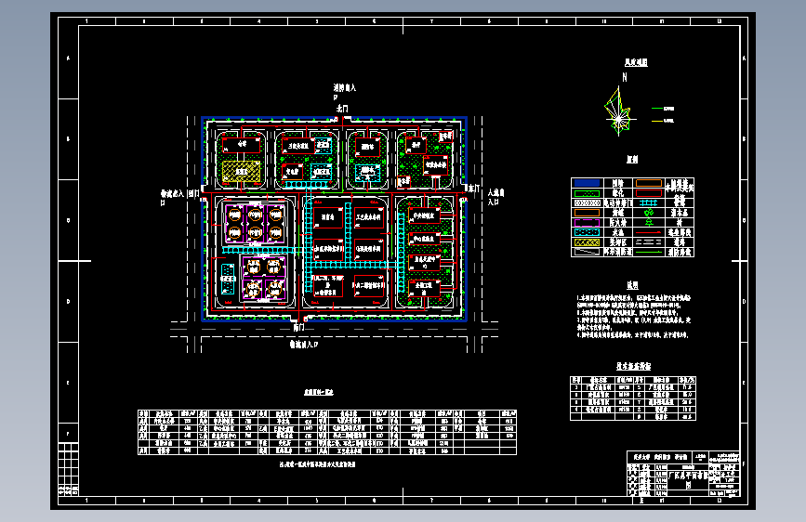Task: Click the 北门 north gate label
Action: point(342,109)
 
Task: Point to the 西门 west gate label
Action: point(193,194)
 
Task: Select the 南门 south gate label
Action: point(297,327)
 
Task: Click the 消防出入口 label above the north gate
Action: point(345,90)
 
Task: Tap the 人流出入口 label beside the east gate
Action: point(495,195)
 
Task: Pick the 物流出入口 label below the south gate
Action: point(303,344)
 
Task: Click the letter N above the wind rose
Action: point(625,76)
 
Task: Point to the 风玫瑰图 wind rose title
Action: point(636,63)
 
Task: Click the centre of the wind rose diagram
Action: point(617,116)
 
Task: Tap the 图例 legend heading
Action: point(631,159)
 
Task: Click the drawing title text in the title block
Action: point(688,475)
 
